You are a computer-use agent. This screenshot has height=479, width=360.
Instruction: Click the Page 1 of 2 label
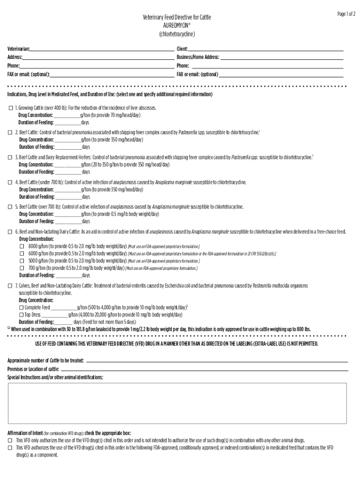[x=346, y=15]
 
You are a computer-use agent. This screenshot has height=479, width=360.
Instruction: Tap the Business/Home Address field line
[x=281, y=58]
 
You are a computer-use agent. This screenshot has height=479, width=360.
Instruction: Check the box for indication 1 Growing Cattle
[x=11, y=108]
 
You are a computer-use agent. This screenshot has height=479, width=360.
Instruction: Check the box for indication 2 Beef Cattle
[x=11, y=133]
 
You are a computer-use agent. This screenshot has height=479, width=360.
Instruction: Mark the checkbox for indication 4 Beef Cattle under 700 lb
[x=11, y=182]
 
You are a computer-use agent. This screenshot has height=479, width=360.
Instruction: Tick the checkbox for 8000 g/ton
[x=22, y=246]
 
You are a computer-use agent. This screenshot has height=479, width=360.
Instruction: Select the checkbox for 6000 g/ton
[x=22, y=254]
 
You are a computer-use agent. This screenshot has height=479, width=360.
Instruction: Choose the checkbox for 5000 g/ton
[x=22, y=261]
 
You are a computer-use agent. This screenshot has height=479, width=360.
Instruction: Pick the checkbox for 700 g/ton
[x=22, y=268]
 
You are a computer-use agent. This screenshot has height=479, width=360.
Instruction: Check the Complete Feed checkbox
[x=22, y=308]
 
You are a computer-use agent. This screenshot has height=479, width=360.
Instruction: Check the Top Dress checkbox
[x=22, y=315]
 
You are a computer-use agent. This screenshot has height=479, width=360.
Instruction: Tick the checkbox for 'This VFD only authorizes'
[x=11, y=441]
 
